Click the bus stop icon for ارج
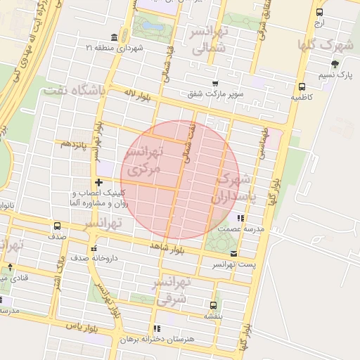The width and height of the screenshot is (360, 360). [x=320, y=13]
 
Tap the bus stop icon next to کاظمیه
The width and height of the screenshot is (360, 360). [x=301, y=89]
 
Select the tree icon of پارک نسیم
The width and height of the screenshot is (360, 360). [x=334, y=64]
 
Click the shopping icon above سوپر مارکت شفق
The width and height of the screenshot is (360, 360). [x=214, y=83]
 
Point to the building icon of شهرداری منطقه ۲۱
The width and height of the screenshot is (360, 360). [x=114, y=37]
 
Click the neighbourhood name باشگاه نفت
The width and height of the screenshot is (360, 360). [x=74, y=91]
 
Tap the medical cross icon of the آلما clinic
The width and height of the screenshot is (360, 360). [x=98, y=183]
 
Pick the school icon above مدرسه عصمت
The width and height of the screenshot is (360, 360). [x=241, y=219]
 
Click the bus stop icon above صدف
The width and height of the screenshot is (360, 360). [x=57, y=226]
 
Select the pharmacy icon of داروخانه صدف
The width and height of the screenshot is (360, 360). [x=94, y=247]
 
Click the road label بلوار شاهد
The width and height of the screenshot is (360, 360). [x=167, y=247]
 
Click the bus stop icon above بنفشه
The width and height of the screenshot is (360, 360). [x=213, y=305]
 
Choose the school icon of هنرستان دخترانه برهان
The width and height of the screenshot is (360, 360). [x=156, y=328]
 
